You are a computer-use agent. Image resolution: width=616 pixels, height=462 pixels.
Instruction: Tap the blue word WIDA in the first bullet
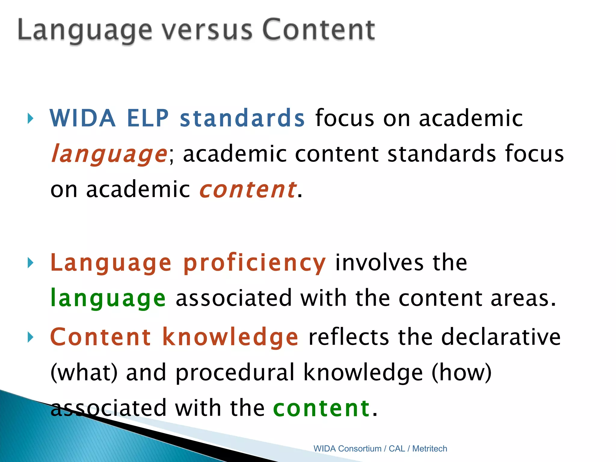tap(83, 118)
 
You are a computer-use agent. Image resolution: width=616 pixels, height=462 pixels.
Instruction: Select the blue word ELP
tap(148, 118)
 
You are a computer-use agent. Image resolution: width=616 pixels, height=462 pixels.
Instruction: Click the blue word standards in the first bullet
tap(242, 118)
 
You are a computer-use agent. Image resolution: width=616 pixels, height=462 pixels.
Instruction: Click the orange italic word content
tap(248, 190)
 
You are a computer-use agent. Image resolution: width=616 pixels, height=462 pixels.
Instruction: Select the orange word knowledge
tap(230, 337)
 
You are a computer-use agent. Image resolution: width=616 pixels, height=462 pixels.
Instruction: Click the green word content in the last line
tap(322, 408)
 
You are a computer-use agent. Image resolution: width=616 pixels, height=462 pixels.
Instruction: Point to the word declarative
tap(501, 337)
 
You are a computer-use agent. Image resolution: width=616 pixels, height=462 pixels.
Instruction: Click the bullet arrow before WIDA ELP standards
tap(30, 119)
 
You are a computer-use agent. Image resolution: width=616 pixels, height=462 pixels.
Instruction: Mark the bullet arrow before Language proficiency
tap(30, 263)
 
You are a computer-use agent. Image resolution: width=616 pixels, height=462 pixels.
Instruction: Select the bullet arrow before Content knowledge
tap(30, 337)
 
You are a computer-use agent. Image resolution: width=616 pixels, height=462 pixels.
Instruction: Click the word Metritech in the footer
tap(430, 449)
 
